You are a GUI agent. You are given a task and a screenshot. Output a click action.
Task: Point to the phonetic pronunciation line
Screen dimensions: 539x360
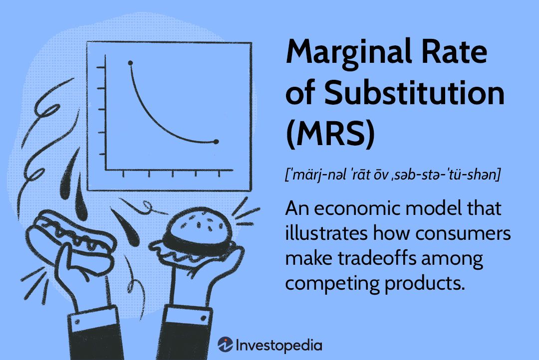[393, 174]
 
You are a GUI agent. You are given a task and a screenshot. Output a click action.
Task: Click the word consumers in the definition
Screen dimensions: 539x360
[463, 233]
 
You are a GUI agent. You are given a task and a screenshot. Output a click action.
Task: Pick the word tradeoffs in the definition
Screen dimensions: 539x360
[377, 258]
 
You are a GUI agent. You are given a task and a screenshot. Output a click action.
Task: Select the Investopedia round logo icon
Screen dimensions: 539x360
[225, 344]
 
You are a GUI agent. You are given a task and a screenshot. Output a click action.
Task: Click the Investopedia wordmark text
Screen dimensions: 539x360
[279, 345]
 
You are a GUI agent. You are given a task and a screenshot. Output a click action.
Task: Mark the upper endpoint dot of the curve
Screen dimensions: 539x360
[130, 63]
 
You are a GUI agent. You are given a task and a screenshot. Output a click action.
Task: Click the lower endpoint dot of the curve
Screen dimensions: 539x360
[216, 142]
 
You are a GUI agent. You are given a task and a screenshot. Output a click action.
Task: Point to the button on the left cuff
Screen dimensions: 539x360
[77, 322]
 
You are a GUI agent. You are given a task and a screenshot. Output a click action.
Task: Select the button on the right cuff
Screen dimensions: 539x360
[204, 319]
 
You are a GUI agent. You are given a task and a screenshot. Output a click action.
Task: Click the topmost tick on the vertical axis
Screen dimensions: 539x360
[101, 67]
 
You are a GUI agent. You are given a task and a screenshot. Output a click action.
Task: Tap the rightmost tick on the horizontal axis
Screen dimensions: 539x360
[219, 173]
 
